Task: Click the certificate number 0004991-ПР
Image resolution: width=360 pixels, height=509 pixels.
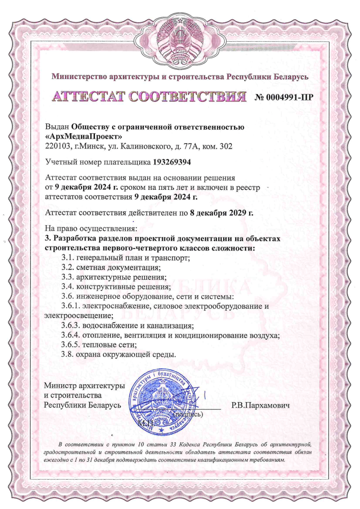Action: [x=284, y=97]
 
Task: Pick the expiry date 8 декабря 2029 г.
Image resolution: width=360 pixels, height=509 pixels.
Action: [x=222, y=213]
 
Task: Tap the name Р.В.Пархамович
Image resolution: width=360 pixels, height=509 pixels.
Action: [x=261, y=405]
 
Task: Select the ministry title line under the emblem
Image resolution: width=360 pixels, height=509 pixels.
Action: [x=180, y=77]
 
